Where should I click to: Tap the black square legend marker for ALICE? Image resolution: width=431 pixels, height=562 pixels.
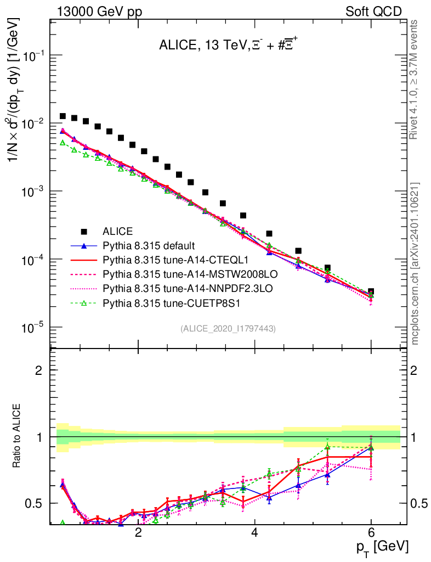coord(84,231)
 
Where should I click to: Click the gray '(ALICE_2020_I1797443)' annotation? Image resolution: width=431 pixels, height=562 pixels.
coord(228,328)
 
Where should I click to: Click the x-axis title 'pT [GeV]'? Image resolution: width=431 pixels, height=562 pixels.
coord(383,547)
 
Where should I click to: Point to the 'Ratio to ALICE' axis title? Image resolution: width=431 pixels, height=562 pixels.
coord(18,436)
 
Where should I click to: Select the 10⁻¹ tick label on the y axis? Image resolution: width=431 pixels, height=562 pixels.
coord(36,56)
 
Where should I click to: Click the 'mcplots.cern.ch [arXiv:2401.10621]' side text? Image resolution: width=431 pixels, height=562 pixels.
coord(416,263)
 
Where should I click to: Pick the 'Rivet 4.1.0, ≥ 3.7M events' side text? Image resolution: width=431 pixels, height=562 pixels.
coord(416,80)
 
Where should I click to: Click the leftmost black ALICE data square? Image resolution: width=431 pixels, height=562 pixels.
coord(63,116)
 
